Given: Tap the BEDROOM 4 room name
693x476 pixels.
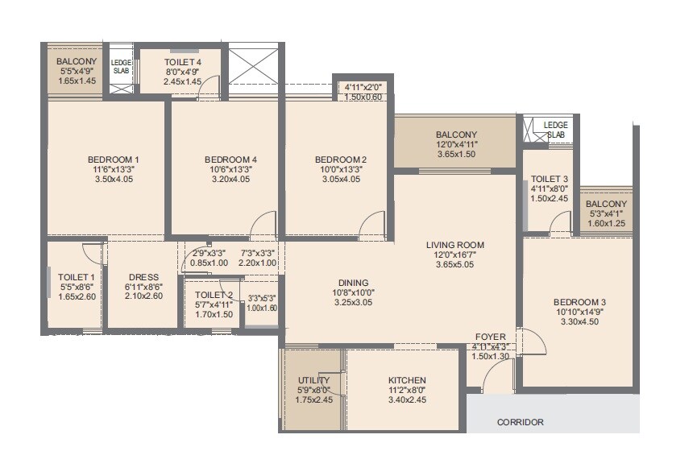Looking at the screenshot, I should pos(231,159).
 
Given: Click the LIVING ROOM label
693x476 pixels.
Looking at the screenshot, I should pos(455,245).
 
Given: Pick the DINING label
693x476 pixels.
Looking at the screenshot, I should pos(353,283).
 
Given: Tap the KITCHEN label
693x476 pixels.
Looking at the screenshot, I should pos(407,380).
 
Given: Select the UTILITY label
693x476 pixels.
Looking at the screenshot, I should pos(313,380).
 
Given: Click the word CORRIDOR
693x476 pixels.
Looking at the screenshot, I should pos(520,422).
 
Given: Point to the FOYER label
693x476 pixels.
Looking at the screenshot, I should pos(490,337).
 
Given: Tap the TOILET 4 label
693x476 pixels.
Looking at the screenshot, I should pos(182,61).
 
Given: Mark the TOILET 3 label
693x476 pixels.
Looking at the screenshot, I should pos(550,180).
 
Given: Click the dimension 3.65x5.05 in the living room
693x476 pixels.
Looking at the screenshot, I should pos(455,264).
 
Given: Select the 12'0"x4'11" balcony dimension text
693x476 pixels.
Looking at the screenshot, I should pos(456,144).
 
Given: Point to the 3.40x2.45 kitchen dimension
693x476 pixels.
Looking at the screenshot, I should pos(407,399).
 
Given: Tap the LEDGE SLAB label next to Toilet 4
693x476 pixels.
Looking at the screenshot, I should pos(121,66).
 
